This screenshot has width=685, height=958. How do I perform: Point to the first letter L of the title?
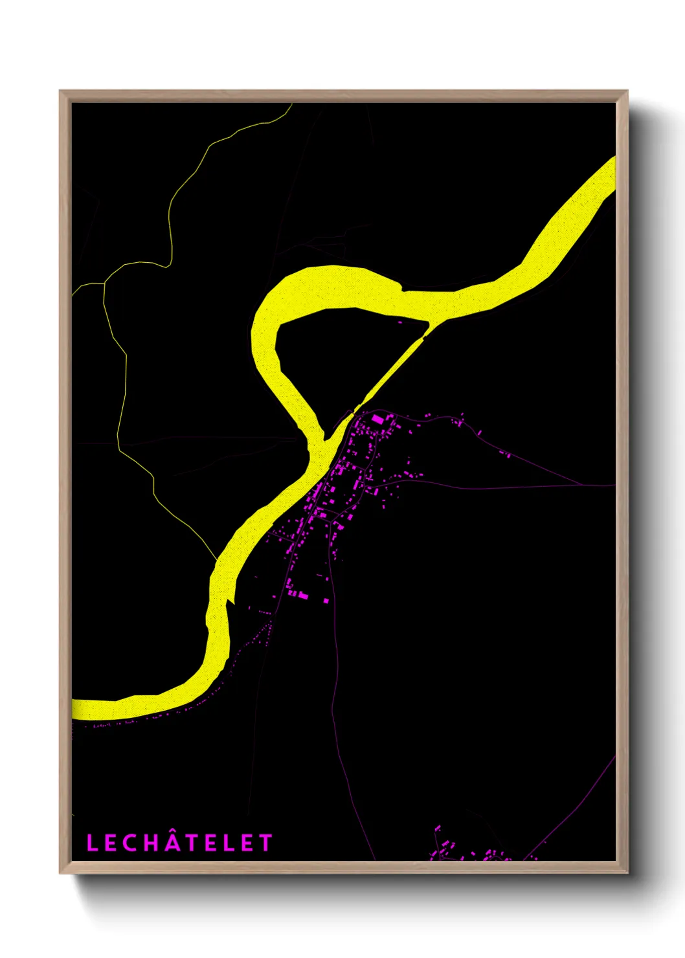pos(92,843)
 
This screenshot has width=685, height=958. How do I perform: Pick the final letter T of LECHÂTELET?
pos(265,843)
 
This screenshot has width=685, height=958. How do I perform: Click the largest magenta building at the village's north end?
pos(377,419)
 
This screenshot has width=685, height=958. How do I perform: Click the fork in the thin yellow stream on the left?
pos(104,283)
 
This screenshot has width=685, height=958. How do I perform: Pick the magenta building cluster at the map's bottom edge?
pos(473,851)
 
